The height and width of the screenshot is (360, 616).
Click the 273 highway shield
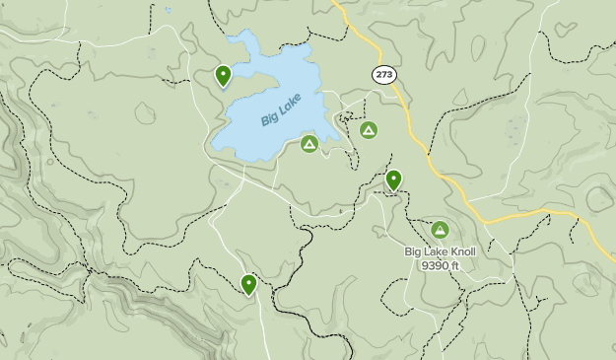click(383, 74)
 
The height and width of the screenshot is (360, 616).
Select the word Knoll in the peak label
click(458, 252)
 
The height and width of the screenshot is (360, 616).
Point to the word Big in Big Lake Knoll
click(415, 252)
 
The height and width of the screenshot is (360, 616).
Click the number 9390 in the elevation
click(434, 265)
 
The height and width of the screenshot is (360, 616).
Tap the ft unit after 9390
click(454, 265)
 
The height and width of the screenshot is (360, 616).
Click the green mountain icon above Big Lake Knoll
click(440, 231)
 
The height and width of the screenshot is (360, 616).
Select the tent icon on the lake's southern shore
click(309, 145)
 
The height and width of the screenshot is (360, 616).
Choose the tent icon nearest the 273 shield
click(369, 129)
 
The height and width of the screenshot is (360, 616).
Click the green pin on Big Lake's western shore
click(224, 75)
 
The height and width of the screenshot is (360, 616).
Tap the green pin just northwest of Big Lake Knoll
click(393, 180)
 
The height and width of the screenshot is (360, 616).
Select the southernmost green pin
click(248, 284)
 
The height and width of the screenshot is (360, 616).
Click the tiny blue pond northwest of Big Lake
click(169, 11)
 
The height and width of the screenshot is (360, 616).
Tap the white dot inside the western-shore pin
click(224, 72)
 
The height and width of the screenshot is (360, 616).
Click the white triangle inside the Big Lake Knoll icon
click(440, 231)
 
